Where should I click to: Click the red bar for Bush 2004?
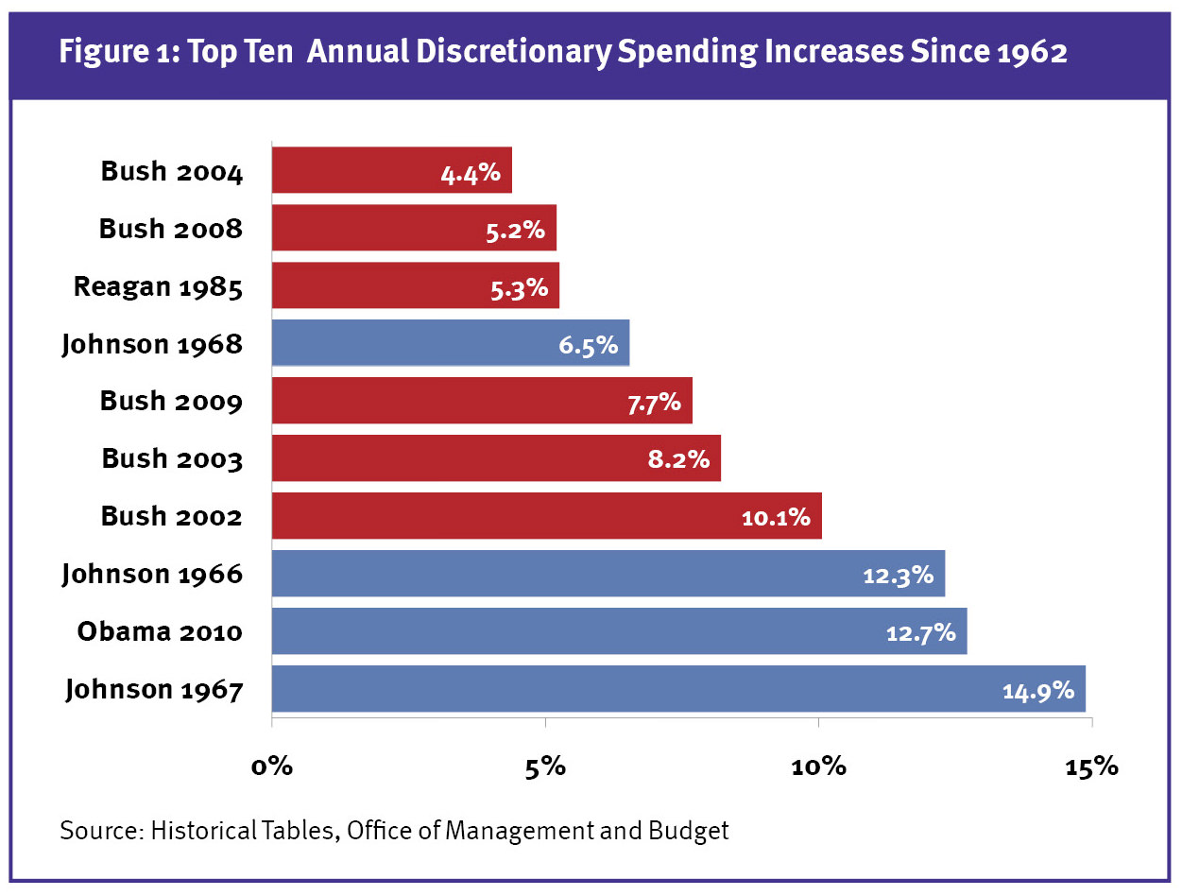click(391, 170)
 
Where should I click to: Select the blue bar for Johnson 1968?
click(450, 342)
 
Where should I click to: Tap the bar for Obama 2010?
click(619, 630)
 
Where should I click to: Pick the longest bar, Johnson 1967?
click(677, 688)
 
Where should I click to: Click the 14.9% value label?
click(1037, 691)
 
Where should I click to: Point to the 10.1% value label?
click(776, 517)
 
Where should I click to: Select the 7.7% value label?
click(653, 403)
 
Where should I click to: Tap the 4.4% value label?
click(470, 173)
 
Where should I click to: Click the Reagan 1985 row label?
click(158, 286)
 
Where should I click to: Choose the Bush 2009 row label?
click(171, 401)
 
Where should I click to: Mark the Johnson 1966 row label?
click(152, 574)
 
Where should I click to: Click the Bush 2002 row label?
click(171, 516)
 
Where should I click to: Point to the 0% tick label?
click(272, 766)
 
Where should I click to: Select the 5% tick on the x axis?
click(545, 766)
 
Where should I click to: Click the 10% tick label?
click(818, 766)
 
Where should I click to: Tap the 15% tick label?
click(1091, 766)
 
